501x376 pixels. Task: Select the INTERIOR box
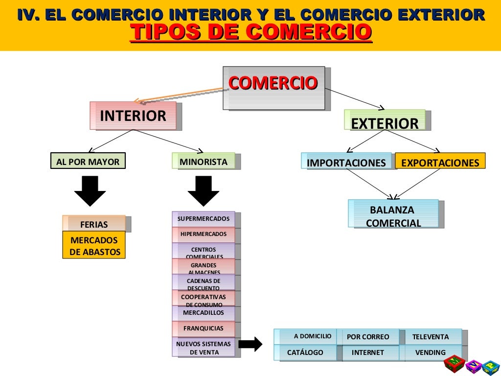point(133,116)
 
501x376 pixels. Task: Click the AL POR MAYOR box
point(88,161)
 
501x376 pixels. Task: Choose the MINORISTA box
point(204,161)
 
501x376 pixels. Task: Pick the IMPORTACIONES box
point(346,162)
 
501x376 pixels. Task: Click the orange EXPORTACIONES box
point(440,162)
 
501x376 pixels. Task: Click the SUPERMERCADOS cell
point(204,219)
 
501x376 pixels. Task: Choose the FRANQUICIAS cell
point(204,329)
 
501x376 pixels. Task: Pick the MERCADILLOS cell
point(204,313)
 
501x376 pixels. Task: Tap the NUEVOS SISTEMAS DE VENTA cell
point(204,348)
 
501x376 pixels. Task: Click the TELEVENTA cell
point(431,336)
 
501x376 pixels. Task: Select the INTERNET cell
point(368,352)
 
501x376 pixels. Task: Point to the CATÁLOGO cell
point(305,352)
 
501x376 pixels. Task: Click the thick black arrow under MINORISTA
point(204,191)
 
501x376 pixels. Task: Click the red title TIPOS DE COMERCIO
point(250,32)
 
